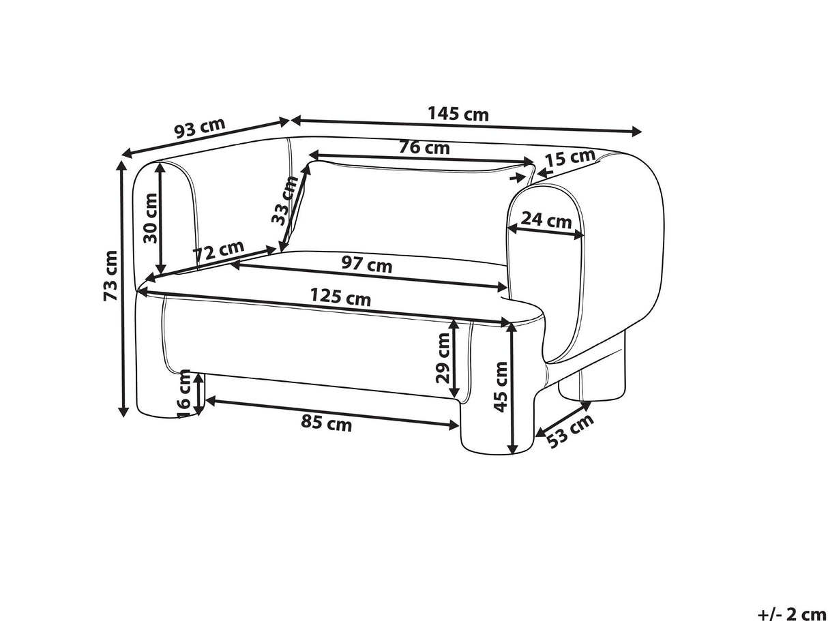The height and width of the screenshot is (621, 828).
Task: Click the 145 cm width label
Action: (x=458, y=114)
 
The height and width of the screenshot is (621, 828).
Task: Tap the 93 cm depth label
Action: (x=199, y=128)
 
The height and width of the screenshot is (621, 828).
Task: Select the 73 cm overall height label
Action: (x=110, y=275)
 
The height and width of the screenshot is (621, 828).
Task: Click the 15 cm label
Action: (x=570, y=159)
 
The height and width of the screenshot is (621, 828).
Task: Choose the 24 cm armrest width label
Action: (x=546, y=220)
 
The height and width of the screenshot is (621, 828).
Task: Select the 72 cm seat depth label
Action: (x=218, y=252)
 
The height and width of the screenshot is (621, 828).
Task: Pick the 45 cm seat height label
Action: (x=501, y=387)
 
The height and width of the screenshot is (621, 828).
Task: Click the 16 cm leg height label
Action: (x=183, y=392)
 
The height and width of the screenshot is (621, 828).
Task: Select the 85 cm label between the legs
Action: (x=327, y=424)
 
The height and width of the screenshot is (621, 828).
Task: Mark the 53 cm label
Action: (x=570, y=430)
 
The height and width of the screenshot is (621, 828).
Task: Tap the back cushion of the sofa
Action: (x=409, y=205)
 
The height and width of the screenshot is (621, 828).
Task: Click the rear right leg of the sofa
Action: (x=590, y=382)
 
